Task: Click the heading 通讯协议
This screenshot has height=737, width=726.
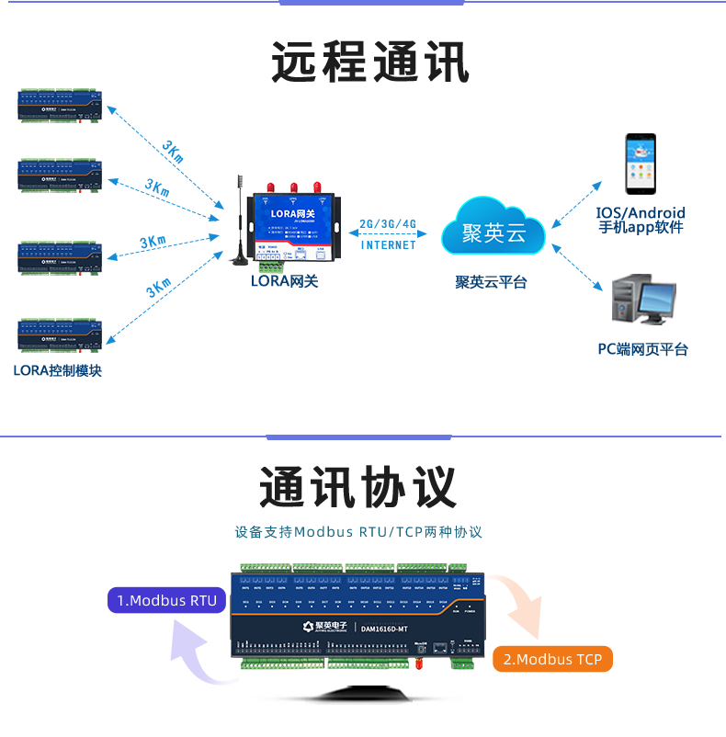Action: (357, 486)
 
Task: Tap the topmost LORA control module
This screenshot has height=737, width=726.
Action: (60, 107)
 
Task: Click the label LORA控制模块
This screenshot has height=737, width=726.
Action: (57, 371)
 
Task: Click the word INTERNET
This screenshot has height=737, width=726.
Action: (388, 245)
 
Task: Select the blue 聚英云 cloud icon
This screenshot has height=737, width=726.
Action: (493, 231)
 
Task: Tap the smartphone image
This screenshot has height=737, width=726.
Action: (641, 164)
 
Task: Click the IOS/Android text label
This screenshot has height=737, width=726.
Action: (641, 213)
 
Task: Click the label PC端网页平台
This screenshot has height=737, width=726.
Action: (642, 349)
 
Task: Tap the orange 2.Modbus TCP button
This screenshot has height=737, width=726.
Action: (552, 659)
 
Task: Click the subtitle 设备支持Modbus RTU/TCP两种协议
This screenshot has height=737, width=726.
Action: (358, 532)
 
